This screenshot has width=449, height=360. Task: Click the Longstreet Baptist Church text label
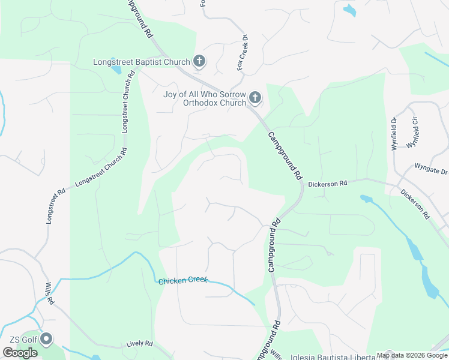pyautogui.click(x=141, y=62)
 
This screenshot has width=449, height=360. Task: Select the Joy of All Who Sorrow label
pyautogui.click(x=204, y=95)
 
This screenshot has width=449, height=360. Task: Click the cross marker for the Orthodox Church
pyautogui.click(x=255, y=97)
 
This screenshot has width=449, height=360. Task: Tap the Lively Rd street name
pyautogui.click(x=140, y=344)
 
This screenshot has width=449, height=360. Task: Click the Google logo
pyautogui.click(x=20, y=353)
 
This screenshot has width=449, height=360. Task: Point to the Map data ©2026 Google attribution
pyautogui.click(x=412, y=355)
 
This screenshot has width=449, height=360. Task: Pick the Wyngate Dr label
pyautogui.click(x=432, y=166)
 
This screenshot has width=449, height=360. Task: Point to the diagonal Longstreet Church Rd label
pyautogui.click(x=101, y=169)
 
